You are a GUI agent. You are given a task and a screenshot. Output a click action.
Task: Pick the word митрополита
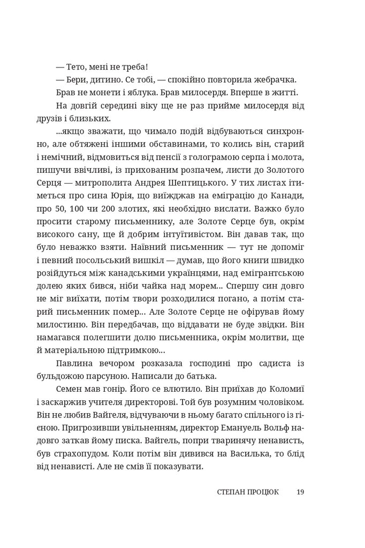(113, 182)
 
